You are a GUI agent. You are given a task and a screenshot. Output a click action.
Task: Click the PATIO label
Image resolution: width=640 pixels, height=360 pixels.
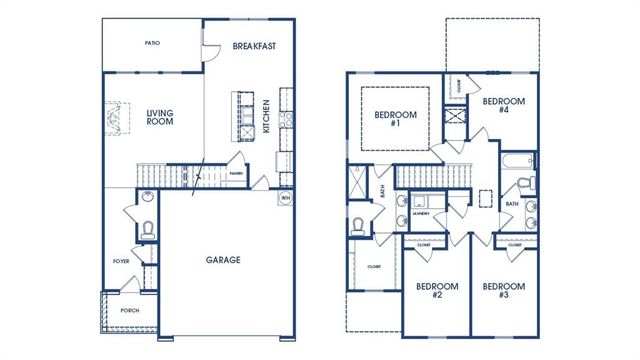click(152, 44)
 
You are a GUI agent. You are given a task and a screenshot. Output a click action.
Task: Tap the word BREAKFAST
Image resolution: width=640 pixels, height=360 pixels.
click(254, 46)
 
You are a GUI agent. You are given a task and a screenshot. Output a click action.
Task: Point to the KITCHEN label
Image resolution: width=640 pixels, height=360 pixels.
click(266, 116)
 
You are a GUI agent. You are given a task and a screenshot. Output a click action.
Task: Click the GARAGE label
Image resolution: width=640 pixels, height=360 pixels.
click(223, 260)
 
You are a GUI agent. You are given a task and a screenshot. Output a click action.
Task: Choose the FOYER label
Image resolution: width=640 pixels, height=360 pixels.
click(121, 261)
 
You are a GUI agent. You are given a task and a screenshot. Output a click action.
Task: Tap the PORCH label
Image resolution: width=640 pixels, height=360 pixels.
click(129, 310)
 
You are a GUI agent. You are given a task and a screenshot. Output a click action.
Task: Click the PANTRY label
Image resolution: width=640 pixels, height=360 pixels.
click(236, 173)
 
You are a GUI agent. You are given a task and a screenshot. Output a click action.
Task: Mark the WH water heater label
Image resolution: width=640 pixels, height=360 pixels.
click(285, 197)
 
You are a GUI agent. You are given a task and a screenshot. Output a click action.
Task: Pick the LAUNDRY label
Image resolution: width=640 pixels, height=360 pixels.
click(421, 213)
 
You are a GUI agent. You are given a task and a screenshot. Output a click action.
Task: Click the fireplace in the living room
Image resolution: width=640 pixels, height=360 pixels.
click(117, 118)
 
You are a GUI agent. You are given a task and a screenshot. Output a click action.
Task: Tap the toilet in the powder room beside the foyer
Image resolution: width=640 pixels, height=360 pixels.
click(147, 227)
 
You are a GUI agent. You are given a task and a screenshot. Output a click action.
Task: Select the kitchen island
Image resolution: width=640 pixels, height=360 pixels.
click(240, 112)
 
